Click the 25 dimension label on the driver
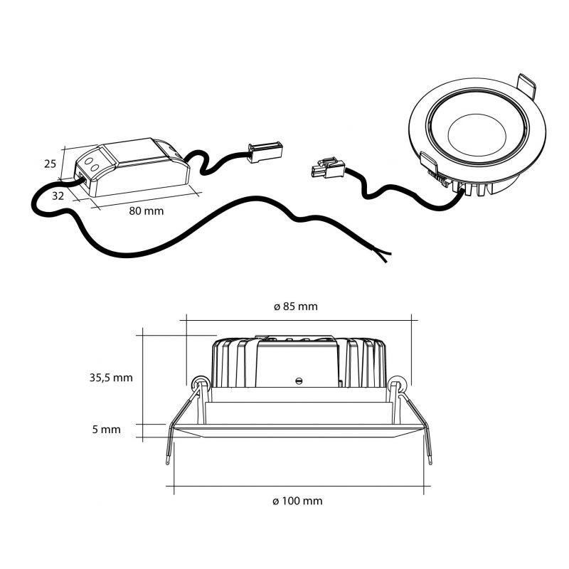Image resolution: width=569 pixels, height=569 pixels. tap(50, 164)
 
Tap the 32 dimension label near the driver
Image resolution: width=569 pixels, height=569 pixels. tap(58, 196)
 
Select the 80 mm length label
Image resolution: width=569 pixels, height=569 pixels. tap(147, 211)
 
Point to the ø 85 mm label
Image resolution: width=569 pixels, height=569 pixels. tap(295, 307)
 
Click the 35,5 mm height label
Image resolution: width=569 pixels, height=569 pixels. tap(111, 378)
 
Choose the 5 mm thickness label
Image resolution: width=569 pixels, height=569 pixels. tap(106, 430)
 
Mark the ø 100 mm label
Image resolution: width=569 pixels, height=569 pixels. tap(297, 501)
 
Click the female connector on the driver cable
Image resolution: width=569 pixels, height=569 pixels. tap(265, 152)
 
